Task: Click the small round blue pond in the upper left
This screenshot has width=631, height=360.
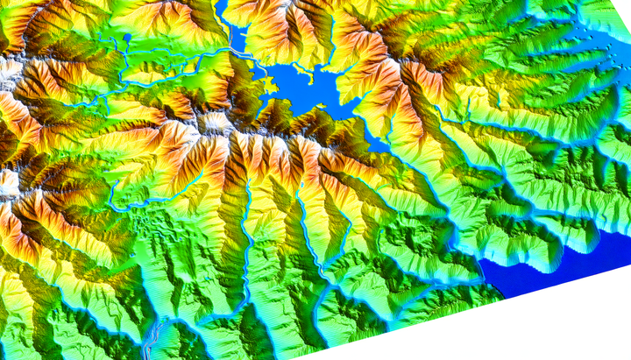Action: (128, 38)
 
